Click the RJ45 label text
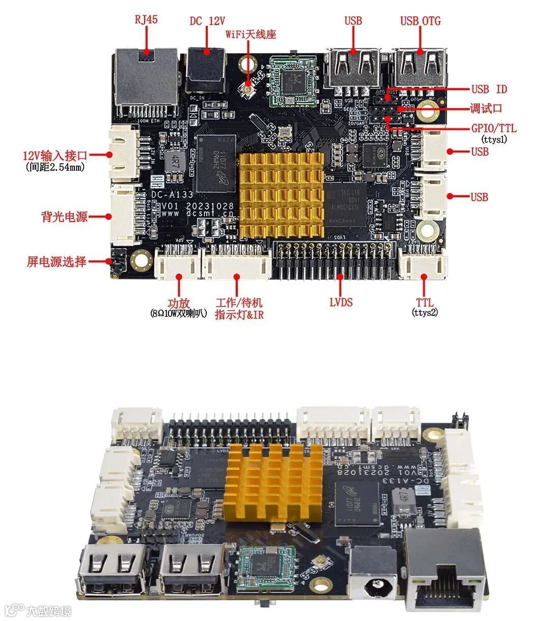point(146,19)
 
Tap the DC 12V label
point(207,21)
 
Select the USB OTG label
point(420,21)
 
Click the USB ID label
point(489,89)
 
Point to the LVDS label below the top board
point(341,302)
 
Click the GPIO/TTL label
point(493,128)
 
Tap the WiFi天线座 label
point(251,35)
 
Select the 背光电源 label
point(64,217)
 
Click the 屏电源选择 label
point(57,262)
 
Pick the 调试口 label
point(486,109)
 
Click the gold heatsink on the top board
point(282,195)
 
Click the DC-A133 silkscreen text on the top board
point(172,195)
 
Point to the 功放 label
point(179,303)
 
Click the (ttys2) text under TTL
point(424,313)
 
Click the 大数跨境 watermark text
point(49,610)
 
